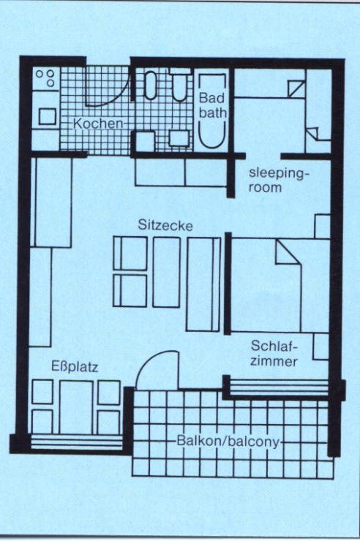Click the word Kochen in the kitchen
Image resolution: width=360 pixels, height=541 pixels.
click(97, 124)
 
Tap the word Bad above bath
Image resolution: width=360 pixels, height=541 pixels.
click(211, 98)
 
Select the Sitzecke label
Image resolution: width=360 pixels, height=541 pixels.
click(165, 225)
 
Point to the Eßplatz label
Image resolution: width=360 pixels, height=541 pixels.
click(75, 366)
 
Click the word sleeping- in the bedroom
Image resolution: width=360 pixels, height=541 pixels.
click(277, 173)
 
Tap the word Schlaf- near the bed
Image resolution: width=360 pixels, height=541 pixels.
click(274, 346)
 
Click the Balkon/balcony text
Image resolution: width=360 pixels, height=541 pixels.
click(228, 442)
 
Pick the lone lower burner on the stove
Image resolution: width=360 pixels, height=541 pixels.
click(50, 83)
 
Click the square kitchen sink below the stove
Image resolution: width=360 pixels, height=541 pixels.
click(48, 116)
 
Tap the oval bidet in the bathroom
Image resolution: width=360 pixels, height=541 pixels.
click(151, 86)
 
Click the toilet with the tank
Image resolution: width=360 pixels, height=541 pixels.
click(180, 85)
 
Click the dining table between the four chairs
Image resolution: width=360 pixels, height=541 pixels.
click(76, 406)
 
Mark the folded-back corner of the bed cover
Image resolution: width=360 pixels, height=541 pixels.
click(287, 253)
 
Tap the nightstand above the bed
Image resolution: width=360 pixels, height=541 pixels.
click(322, 227)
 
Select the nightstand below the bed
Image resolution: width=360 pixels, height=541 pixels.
click(320, 347)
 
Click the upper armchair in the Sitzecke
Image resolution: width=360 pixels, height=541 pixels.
click(130, 254)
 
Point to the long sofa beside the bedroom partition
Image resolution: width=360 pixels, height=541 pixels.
click(203, 284)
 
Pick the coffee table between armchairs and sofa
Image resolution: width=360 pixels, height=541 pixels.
click(166, 272)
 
